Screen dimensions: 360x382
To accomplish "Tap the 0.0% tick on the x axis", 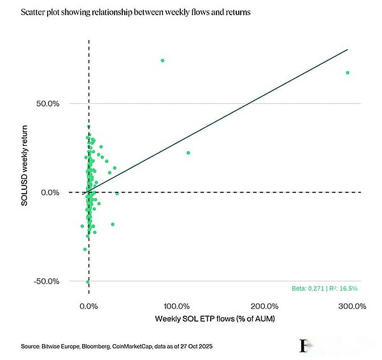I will point(88,306).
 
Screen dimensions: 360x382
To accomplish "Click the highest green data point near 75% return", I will point(162,61).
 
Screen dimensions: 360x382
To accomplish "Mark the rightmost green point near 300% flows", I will point(348,73).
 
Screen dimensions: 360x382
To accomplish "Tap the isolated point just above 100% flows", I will point(188,153).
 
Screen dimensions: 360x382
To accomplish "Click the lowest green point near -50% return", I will point(88,282).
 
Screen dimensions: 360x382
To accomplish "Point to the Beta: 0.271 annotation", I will point(308,288).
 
